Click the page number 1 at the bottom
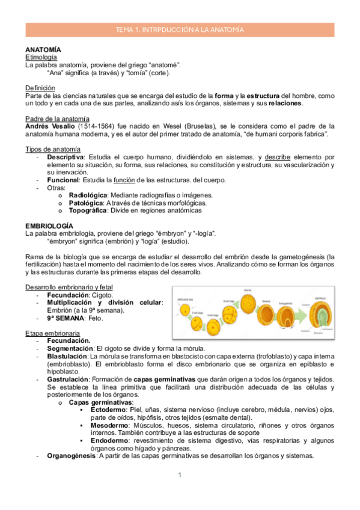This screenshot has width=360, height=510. click(180, 476)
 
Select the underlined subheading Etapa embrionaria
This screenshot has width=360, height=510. click(50, 333)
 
